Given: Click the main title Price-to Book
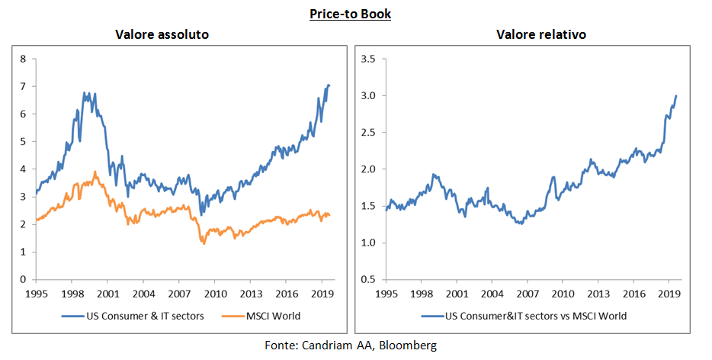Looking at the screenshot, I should (351, 14).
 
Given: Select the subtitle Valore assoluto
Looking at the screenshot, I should (162, 35).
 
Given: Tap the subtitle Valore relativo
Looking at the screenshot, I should (534, 35).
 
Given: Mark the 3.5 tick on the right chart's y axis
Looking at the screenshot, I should (370, 59).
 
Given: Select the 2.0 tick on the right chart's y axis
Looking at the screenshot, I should (370, 169).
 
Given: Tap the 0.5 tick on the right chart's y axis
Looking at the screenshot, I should (370, 279).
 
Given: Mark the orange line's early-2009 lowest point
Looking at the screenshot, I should (204, 243).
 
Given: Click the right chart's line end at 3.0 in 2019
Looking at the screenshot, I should (676, 96).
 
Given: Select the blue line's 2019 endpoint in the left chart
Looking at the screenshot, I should (329, 85).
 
